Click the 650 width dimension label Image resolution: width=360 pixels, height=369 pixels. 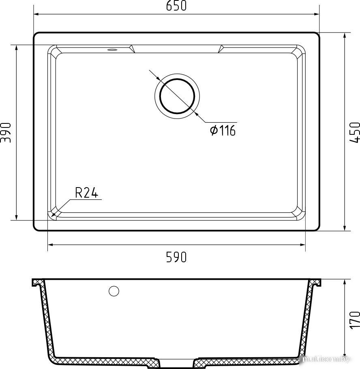click(176, 6)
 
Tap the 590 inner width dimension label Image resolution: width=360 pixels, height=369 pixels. click(176, 257)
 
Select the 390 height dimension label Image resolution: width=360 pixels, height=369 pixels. click(6, 132)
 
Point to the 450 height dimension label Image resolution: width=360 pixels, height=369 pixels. click(355, 132)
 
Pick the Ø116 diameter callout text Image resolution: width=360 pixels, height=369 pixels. click(223, 130)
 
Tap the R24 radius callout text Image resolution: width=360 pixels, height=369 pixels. click(86, 192)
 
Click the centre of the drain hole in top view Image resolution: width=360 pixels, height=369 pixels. click(177, 96)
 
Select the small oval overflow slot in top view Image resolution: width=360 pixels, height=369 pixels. click(112, 50)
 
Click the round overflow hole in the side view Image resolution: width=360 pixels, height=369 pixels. click(114, 291)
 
